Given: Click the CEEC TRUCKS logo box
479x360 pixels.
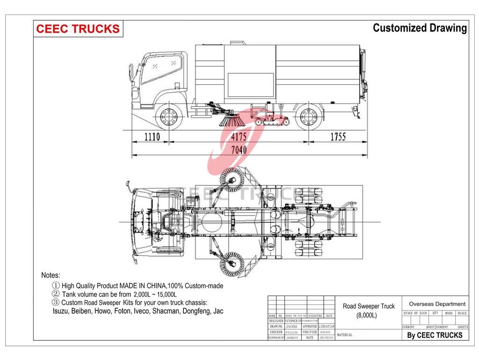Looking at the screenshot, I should [78, 29].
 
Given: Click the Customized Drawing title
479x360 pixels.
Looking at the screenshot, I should [419, 28].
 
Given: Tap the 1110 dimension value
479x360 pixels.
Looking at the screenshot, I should [152, 137].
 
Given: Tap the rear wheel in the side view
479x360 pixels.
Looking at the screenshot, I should [308, 115].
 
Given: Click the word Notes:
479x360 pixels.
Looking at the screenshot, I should [51, 275].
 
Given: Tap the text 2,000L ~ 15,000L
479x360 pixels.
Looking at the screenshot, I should [155, 294].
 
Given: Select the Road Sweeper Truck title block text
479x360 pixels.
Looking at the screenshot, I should [369, 306].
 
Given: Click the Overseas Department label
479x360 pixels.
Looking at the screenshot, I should [437, 304].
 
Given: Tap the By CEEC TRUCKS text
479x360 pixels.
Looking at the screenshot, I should [435, 335].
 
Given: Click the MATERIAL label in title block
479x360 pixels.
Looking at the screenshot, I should [344, 335].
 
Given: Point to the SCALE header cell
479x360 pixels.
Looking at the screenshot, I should [462, 313].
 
